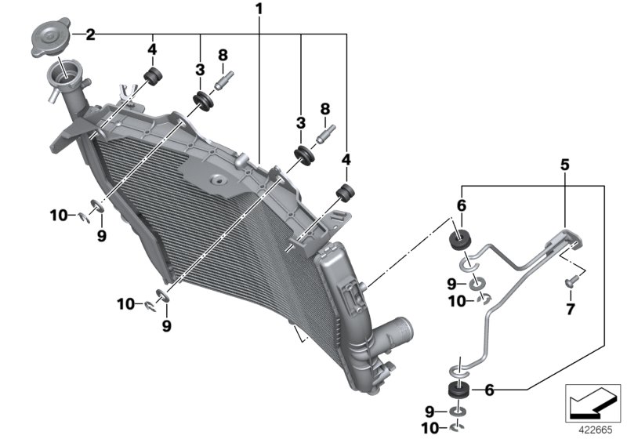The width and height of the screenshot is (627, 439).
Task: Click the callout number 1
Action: (259, 10)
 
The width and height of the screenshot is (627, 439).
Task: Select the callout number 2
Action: (90, 34)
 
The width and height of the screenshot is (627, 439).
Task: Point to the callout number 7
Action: (570, 309)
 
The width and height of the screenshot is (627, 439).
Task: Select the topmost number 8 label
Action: (223, 55)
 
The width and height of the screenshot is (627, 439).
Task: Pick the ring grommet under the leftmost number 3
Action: (203, 101)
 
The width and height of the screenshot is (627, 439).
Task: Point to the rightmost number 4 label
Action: (346, 161)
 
